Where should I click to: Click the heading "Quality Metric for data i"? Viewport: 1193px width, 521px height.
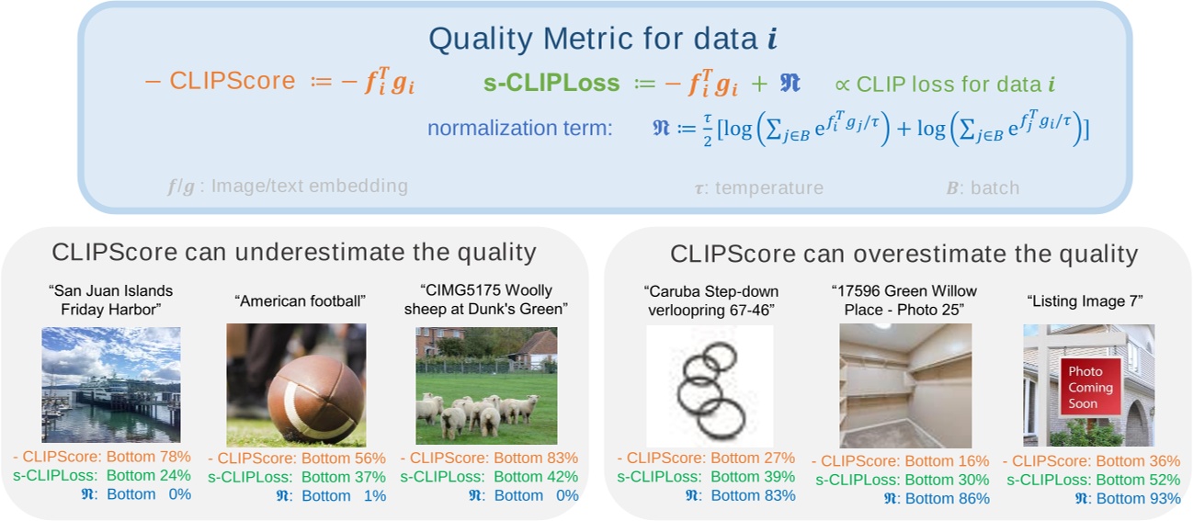[603, 39]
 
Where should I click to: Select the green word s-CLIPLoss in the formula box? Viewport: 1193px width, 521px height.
[551, 83]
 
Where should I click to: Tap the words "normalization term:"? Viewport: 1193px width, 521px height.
[520, 128]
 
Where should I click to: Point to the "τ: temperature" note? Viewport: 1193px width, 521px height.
[759, 188]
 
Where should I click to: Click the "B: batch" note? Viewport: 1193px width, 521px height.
[983, 188]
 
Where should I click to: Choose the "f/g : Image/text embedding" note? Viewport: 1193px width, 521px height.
[288, 186]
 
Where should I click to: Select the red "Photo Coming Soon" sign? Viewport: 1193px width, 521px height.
[1090, 387]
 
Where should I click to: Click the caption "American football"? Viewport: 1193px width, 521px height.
[300, 301]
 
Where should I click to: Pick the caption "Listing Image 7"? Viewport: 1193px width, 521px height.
[1085, 301]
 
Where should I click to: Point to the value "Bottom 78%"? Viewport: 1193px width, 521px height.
[149, 457]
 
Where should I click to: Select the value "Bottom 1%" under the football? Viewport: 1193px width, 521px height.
[344, 495]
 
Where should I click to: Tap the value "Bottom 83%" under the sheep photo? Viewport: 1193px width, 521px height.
[536, 458]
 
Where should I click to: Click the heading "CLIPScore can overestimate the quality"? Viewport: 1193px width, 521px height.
[903, 254]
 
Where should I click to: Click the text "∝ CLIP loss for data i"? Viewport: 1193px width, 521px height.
[945, 85]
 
